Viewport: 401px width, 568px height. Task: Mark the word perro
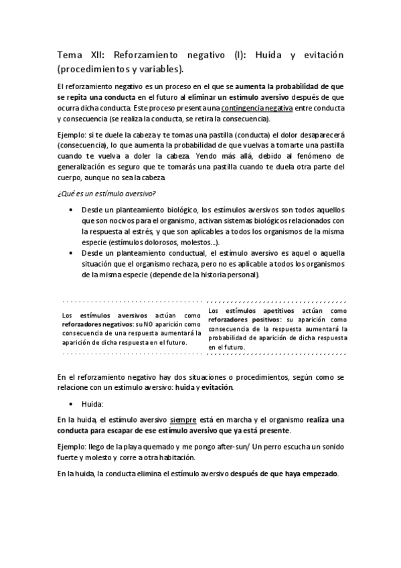[303, 445]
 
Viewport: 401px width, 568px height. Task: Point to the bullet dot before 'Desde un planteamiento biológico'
[72, 210]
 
